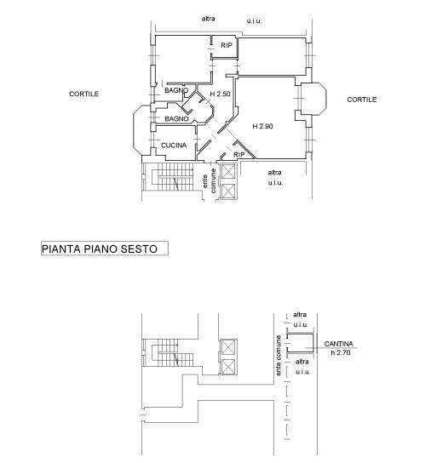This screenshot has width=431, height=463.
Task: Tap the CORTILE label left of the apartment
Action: [84, 94]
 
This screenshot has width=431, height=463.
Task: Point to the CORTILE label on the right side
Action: [361, 100]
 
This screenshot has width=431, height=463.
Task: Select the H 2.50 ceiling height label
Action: [220, 94]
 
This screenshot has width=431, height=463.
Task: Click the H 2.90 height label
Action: [262, 126]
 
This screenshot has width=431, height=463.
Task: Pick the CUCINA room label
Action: [174, 146]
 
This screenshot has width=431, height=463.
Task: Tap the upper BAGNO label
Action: [176, 90]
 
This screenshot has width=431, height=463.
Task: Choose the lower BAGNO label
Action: [176, 118]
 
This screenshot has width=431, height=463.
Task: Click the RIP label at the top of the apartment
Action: [227, 45]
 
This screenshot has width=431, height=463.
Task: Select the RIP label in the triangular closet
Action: [238, 155]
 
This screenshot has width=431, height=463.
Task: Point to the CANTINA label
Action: [338, 344]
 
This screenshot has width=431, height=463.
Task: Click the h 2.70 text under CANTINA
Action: [341, 352]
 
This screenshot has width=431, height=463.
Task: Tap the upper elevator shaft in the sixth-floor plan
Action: [228, 172]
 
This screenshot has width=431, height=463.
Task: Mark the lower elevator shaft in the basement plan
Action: [228, 366]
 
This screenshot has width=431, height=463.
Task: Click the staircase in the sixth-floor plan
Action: [169, 177]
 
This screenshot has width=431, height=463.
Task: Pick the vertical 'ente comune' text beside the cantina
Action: [279, 356]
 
